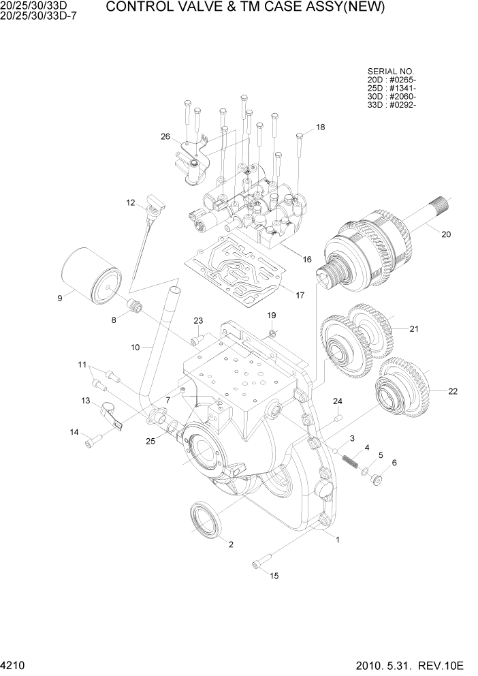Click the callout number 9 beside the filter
coord(60,297)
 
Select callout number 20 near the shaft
coord(446,235)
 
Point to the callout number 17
coord(299,295)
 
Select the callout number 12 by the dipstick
coord(131,202)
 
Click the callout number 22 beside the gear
coord(452,391)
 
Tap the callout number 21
coord(413,329)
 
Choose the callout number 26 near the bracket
coord(165,136)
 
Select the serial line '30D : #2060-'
coord(392,97)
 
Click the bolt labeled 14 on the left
coord(89,444)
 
